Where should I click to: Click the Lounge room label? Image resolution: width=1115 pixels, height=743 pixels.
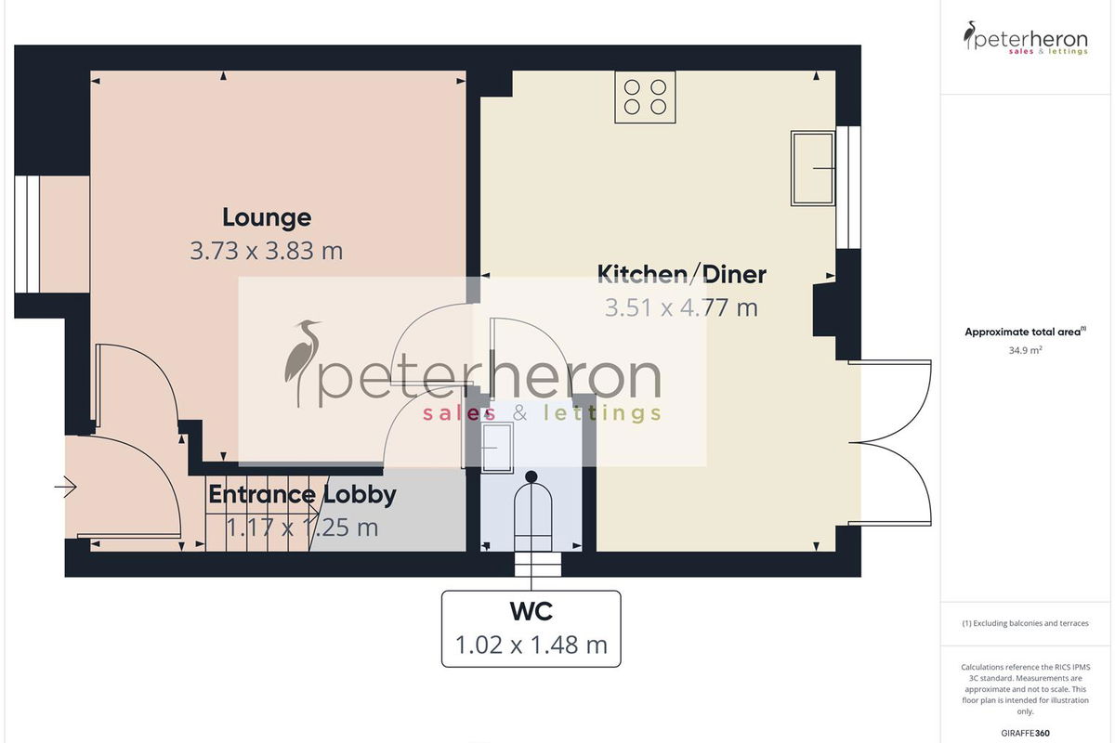[267, 217]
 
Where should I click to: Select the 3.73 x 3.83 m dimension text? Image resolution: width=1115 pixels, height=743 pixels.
[267, 251]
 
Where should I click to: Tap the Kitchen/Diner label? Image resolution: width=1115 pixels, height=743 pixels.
[681, 274]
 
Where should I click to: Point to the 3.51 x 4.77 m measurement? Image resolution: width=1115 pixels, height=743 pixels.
[681, 307]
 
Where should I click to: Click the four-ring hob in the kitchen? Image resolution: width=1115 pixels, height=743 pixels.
[645, 97]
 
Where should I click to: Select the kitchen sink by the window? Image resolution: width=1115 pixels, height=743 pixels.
[813, 168]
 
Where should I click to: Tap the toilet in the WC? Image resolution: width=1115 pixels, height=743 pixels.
[532, 513]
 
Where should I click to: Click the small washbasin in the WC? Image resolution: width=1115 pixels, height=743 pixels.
[497, 448]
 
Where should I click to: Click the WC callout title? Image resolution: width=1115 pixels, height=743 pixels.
[531, 612]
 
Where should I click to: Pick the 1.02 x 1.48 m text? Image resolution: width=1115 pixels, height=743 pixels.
[531, 645]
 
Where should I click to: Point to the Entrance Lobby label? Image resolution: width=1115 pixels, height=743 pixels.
[302, 494]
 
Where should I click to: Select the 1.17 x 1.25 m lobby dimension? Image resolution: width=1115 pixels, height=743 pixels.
[302, 528]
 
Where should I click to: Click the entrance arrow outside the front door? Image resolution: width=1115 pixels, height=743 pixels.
[65, 487]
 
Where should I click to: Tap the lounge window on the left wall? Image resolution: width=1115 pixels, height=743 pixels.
[27, 234]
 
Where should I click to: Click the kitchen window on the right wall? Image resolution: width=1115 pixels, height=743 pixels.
[848, 187]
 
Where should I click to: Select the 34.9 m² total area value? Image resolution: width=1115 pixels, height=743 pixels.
[1026, 350]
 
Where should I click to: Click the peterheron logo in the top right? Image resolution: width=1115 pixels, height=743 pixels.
[1026, 38]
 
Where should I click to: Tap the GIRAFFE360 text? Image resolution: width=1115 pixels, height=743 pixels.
[1026, 733]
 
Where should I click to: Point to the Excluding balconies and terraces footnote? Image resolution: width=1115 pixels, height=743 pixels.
[1026, 623]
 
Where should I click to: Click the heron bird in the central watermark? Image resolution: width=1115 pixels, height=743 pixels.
[302, 363]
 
